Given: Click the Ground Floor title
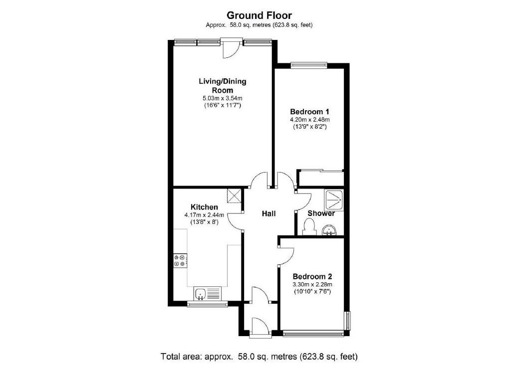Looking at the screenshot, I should [259, 15].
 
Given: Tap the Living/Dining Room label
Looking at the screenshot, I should [223, 85].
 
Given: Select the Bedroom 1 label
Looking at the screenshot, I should [309, 112].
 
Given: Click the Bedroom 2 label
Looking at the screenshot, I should [312, 276].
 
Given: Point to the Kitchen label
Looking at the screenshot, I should [204, 207].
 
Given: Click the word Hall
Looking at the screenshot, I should [269, 213].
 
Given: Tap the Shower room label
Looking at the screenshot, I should [321, 213].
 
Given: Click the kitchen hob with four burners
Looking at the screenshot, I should [180, 260].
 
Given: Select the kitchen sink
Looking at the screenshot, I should [207, 293].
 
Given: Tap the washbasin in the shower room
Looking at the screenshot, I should [329, 230].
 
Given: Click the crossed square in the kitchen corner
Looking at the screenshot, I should [234, 195].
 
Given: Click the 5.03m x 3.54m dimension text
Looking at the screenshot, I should [222, 98].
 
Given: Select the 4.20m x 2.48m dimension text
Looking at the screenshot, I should [309, 120].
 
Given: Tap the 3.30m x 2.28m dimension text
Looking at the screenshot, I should [312, 284].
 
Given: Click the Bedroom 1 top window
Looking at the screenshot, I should [309, 64].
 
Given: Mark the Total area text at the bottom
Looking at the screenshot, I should [260, 357].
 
